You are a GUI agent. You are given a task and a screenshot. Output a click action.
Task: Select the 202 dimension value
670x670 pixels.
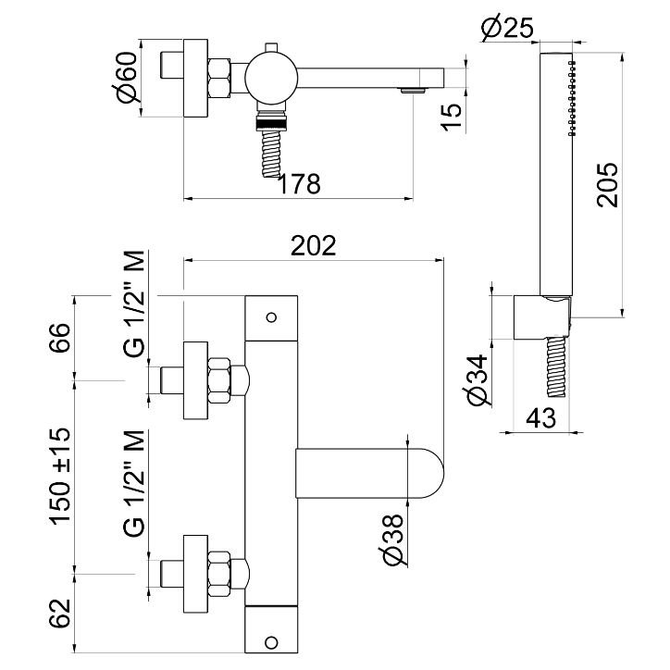tap(312, 245)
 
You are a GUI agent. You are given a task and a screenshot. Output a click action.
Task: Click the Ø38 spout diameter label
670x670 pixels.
tap(391, 539)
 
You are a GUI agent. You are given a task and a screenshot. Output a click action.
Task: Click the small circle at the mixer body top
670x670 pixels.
tap(271, 316)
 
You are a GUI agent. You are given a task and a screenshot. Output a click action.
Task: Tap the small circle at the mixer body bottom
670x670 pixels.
tap(271, 639)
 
